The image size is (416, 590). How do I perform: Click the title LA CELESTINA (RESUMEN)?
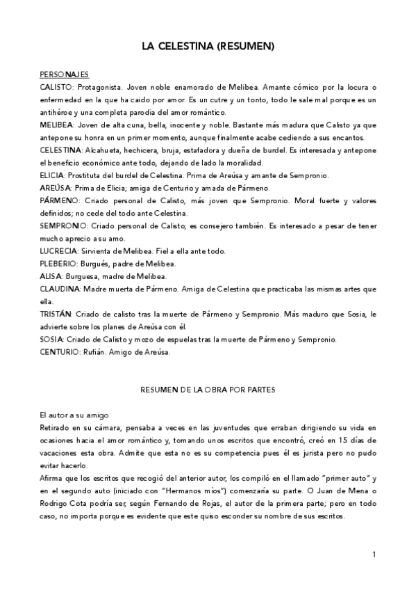coord(208,47)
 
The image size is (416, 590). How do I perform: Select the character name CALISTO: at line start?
coord(56,88)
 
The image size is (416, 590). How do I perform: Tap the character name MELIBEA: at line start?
coord(57,125)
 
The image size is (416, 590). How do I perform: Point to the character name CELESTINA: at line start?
coord(61,150)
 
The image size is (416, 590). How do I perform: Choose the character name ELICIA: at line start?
coord(53,175)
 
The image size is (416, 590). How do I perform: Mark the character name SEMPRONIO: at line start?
coord(62,225)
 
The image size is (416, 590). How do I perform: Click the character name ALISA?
coord(51,276)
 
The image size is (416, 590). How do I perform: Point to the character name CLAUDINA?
coord(60,289)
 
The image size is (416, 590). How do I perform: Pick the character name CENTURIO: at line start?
coord(60,351)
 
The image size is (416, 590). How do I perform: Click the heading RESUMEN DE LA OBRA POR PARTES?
coord(208,390)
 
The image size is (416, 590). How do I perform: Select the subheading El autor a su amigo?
coord(74,415)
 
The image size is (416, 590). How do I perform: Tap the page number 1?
coord(374,555)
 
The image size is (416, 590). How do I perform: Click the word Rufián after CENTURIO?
coord(94,351)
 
